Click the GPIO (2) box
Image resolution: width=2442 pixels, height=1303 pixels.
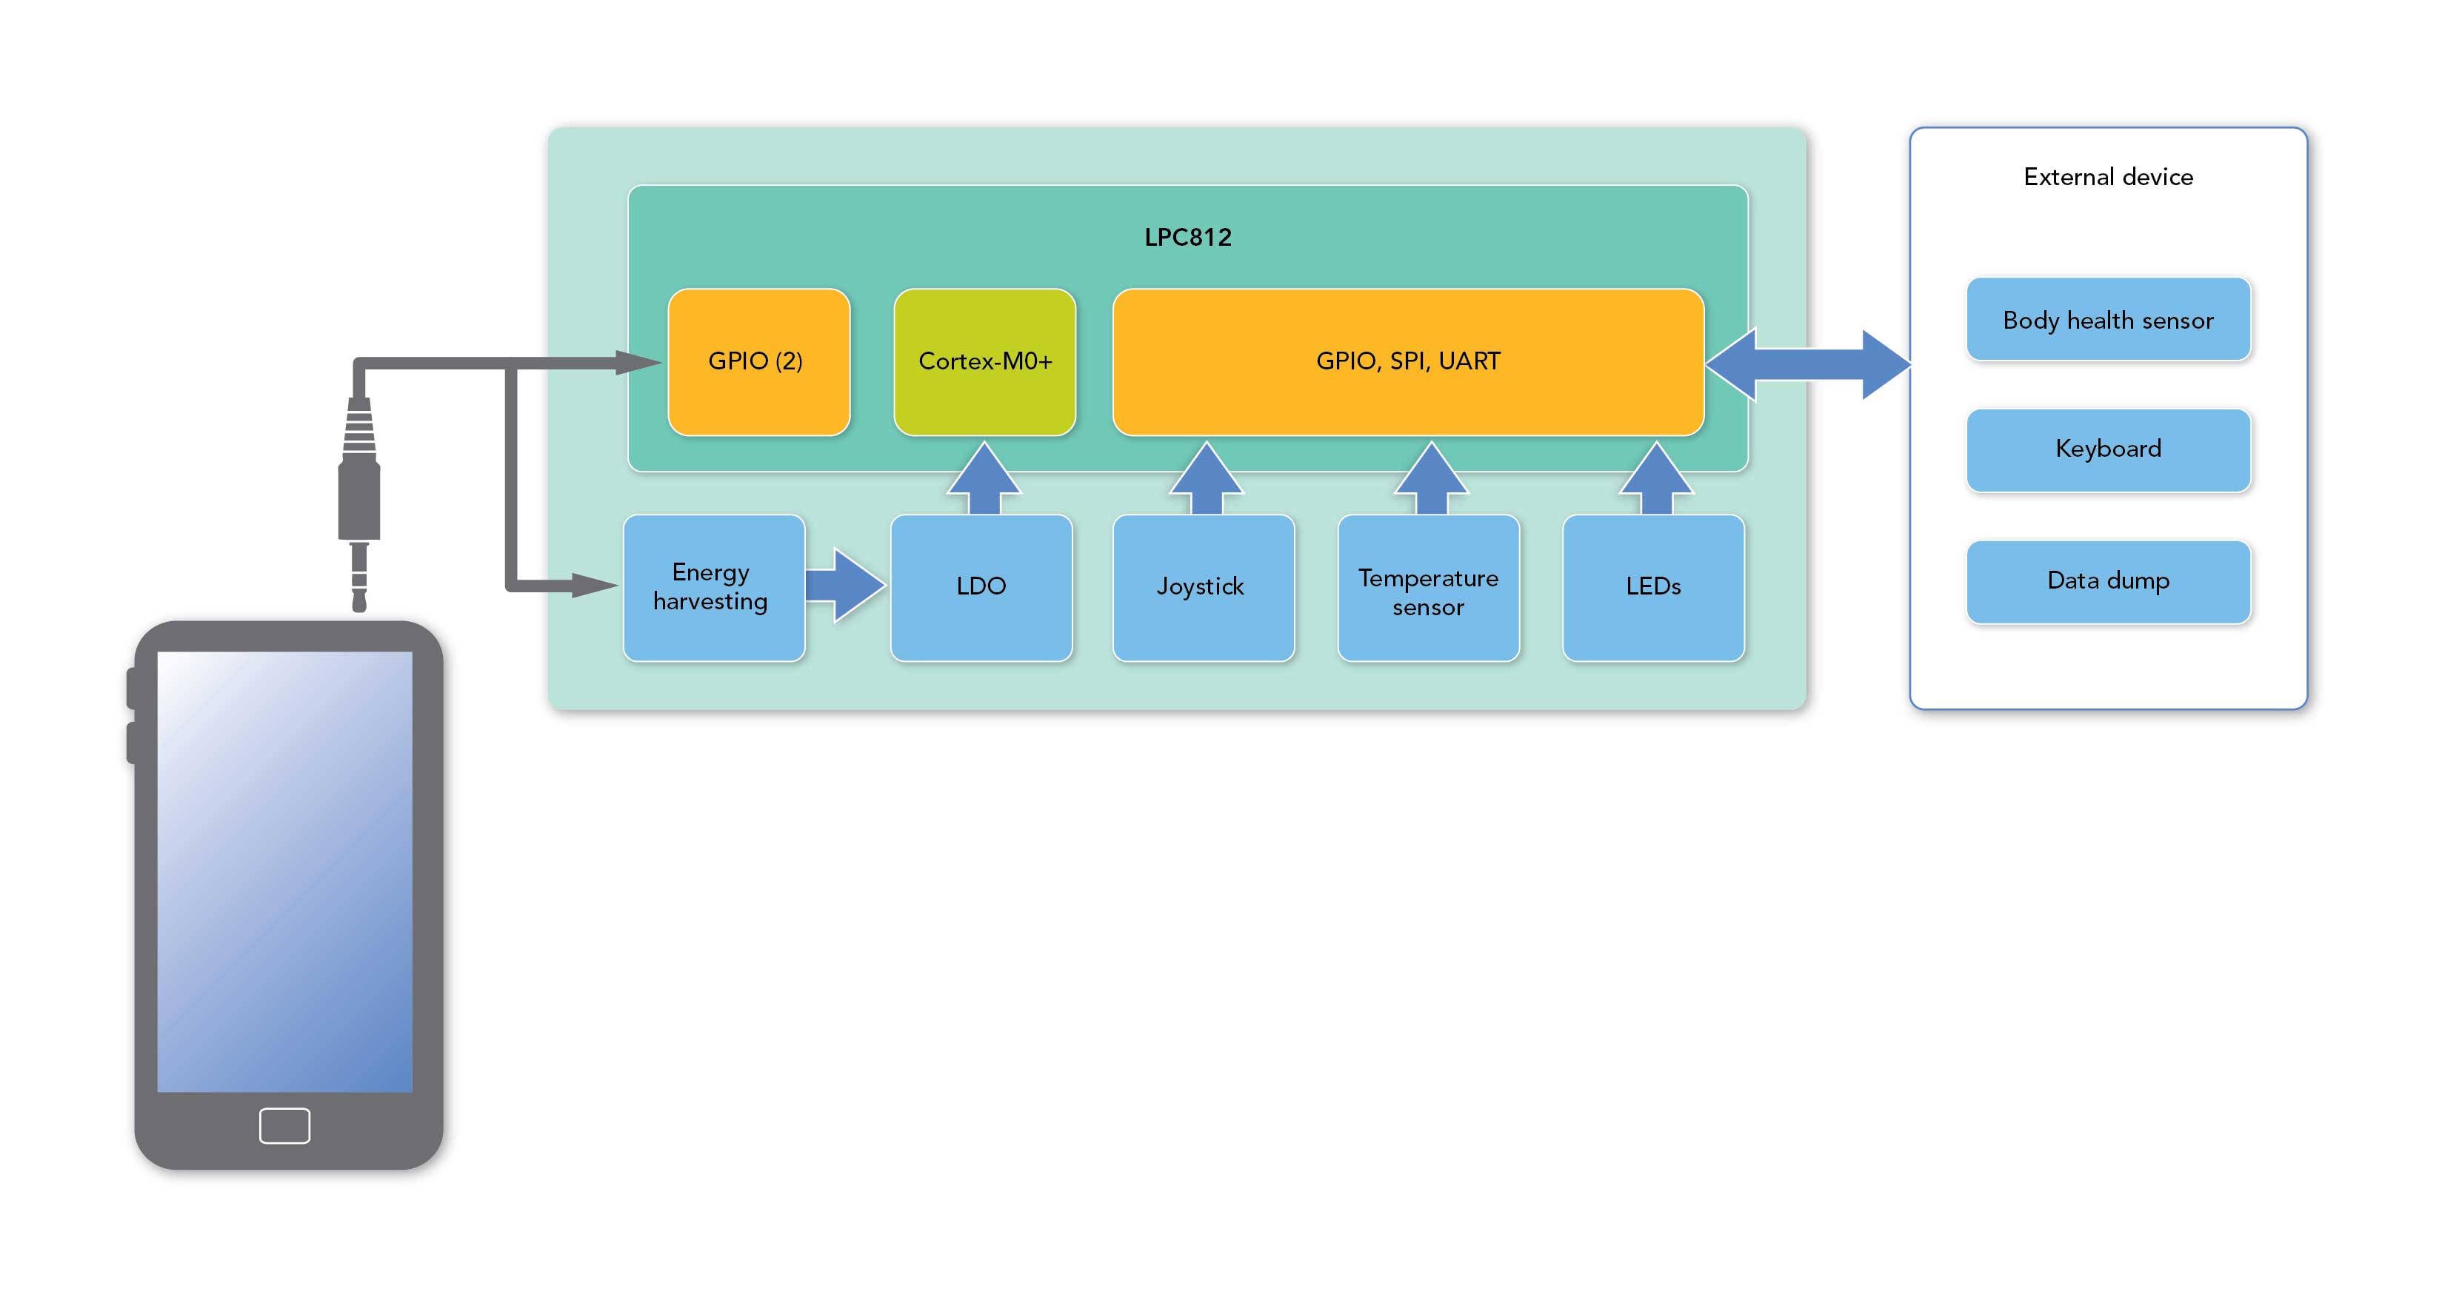pyautogui.click(x=758, y=362)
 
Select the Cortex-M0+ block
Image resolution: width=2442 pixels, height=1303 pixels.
pyautogui.click(x=984, y=362)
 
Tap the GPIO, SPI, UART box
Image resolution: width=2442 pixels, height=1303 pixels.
pyautogui.click(x=1408, y=362)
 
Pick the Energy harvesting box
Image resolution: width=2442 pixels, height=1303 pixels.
pyautogui.click(x=713, y=588)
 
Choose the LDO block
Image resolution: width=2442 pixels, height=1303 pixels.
pyautogui.click(x=981, y=588)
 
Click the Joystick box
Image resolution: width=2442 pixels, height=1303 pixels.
pyautogui.click(x=1202, y=588)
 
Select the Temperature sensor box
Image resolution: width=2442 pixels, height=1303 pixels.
pyautogui.click(x=1428, y=588)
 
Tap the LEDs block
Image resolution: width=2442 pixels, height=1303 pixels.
pyautogui.click(x=1653, y=588)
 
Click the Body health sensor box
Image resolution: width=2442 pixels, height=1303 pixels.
pyautogui.click(x=2108, y=321)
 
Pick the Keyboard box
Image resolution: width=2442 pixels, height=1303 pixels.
pyautogui.click(x=2108, y=449)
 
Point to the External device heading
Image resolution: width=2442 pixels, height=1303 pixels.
pyautogui.click(x=2108, y=177)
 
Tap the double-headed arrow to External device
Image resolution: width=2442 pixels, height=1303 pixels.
pyautogui.click(x=1808, y=365)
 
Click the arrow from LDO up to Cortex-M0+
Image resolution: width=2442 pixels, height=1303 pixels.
pyautogui.click(x=984, y=478)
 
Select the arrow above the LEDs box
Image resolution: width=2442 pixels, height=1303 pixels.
pyautogui.click(x=1655, y=478)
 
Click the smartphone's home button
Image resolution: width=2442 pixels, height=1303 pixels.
pyautogui.click(x=284, y=1126)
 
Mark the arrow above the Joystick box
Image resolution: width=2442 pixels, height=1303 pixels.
pyautogui.click(x=1206, y=478)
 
